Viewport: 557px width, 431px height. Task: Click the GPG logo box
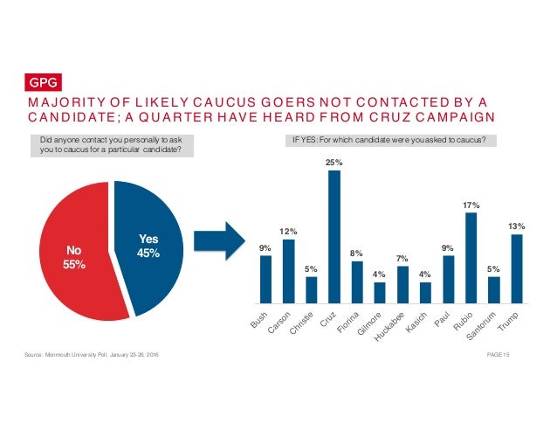coord(42,84)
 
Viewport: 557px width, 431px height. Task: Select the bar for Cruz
coord(334,236)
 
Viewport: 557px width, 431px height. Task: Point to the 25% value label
coord(334,163)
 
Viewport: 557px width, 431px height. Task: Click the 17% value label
coord(471,205)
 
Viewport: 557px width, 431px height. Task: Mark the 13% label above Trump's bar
coord(517,226)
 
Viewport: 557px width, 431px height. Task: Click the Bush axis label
coord(258,321)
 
